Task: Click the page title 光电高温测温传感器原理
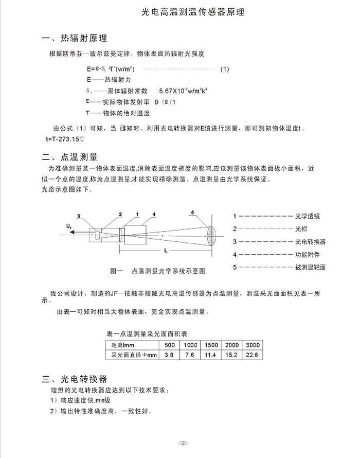click(193, 12)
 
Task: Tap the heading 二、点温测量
click(69, 156)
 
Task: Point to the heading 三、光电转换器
click(75, 379)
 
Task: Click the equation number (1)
click(225, 69)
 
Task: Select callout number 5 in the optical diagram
click(192, 213)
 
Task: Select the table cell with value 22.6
click(253, 355)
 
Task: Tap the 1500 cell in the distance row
click(211, 345)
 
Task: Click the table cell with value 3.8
click(169, 355)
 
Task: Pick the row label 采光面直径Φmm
click(131, 355)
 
